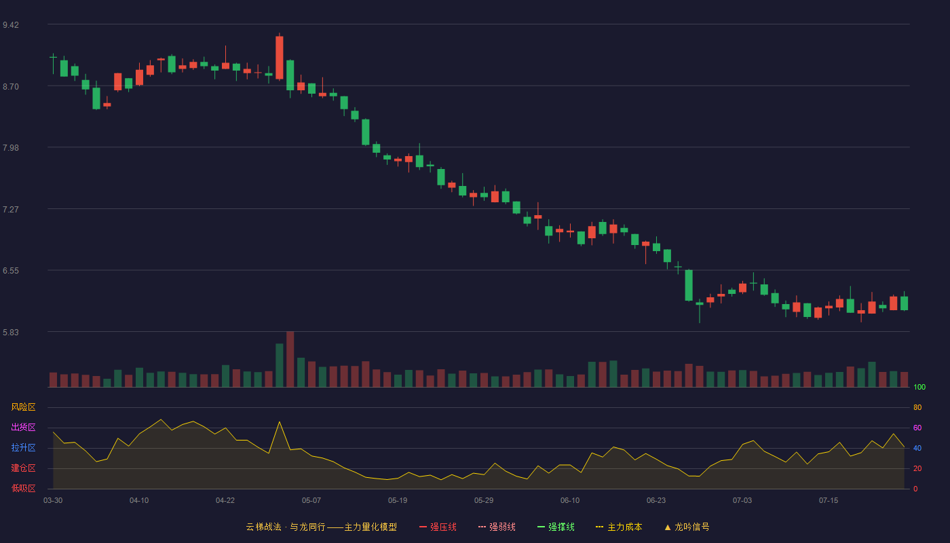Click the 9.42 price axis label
click(11, 25)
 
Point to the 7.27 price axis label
click(11, 210)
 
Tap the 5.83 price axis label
click(11, 332)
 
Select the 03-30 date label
click(53, 501)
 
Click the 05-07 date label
click(311, 501)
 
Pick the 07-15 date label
click(829, 501)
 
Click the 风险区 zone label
click(23, 407)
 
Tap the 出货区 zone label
click(23, 427)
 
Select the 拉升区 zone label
click(23, 447)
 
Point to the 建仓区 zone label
click(23, 468)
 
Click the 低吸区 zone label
click(23, 488)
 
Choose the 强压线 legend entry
click(438, 527)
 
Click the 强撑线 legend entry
click(556, 527)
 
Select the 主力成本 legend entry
click(619, 527)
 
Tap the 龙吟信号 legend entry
click(687, 527)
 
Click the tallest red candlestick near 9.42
click(280, 58)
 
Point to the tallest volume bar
click(290, 359)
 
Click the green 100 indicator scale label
click(919, 387)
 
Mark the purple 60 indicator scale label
click(917, 428)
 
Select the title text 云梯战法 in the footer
click(264, 527)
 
